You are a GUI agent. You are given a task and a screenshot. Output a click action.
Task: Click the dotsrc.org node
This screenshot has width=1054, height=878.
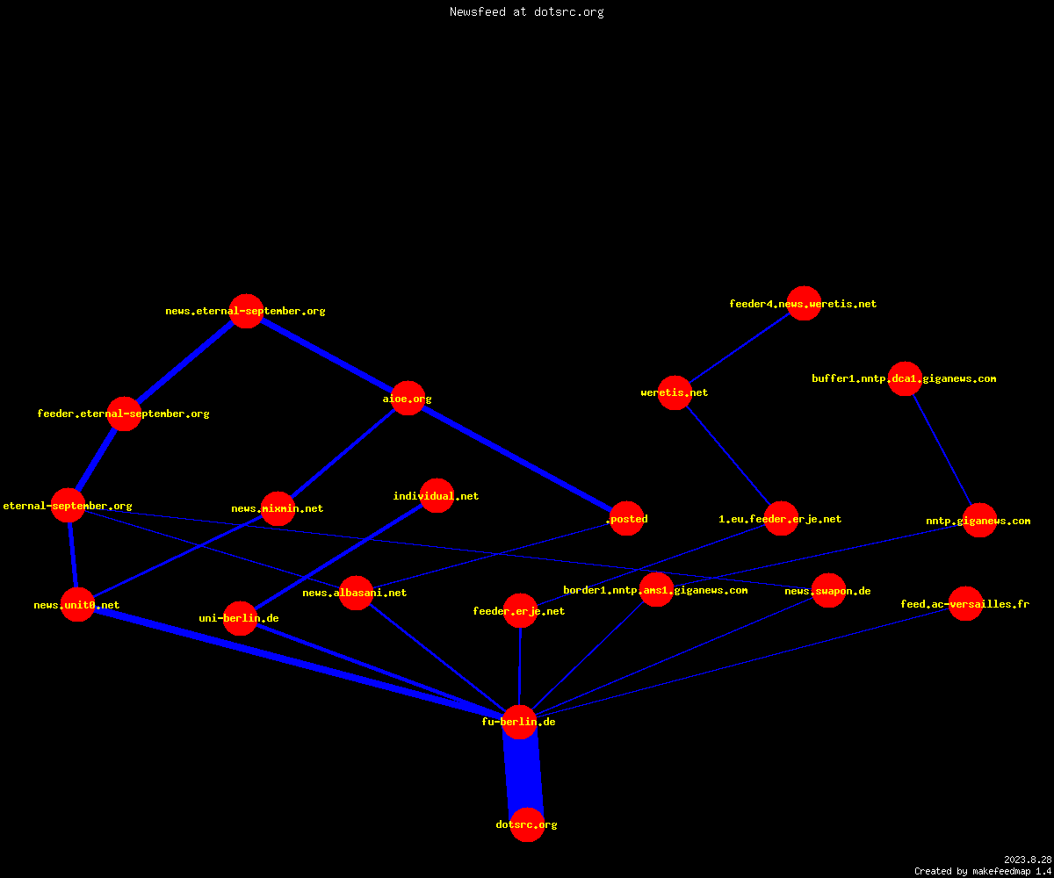click(x=527, y=824)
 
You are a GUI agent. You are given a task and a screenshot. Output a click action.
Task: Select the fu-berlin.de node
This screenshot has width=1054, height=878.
click(x=519, y=722)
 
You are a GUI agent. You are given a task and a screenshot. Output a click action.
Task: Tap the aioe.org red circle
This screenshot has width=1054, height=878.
click(x=408, y=398)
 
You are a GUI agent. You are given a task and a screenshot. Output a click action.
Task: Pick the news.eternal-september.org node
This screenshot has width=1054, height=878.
click(x=246, y=311)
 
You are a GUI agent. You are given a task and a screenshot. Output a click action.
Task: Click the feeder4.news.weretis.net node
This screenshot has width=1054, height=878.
click(x=804, y=303)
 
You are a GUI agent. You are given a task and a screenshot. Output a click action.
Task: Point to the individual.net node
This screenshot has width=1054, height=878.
click(x=437, y=495)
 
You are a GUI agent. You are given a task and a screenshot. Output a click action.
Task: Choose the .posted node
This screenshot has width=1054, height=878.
click(x=626, y=518)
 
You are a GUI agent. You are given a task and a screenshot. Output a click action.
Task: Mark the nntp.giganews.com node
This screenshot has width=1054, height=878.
click(x=979, y=521)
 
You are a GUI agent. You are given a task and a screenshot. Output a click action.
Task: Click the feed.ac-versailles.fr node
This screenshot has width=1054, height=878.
click(x=965, y=603)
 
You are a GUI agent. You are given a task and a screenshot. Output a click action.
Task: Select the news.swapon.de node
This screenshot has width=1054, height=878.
click(x=828, y=590)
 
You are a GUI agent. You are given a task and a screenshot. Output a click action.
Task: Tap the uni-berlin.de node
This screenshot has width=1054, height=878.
click(x=240, y=618)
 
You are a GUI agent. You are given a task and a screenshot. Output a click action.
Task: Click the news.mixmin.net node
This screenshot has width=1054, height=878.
click(x=278, y=508)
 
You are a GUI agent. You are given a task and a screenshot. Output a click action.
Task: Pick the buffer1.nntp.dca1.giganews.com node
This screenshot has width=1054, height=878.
click(x=905, y=378)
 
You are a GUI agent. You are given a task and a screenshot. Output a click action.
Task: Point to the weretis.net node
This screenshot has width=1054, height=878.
click(x=675, y=392)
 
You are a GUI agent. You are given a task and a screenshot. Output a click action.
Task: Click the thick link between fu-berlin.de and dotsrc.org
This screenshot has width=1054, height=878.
click(x=523, y=773)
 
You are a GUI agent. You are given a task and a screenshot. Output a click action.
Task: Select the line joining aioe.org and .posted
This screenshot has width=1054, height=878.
click(x=517, y=458)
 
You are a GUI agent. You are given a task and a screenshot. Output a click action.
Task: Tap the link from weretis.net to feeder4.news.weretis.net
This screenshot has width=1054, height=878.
click(x=739, y=349)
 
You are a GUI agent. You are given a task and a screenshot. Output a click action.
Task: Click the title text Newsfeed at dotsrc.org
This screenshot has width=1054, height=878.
click(x=526, y=11)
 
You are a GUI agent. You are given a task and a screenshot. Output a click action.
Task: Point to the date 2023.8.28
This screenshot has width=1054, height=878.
click(x=1028, y=860)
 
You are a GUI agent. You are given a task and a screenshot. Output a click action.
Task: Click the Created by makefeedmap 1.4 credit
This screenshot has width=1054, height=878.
click(x=983, y=871)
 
